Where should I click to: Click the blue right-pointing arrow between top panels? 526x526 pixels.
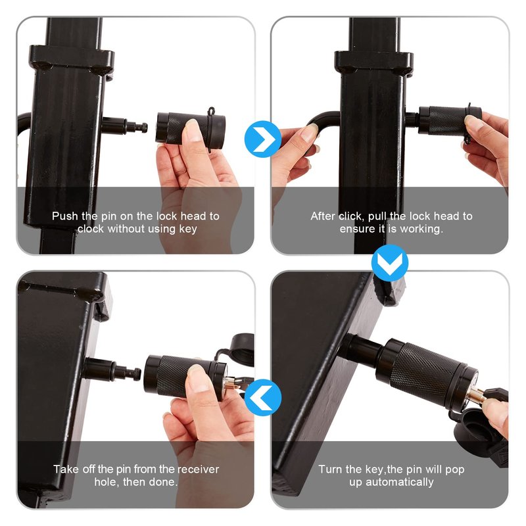point(262,139)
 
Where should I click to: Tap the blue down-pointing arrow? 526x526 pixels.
point(390,262)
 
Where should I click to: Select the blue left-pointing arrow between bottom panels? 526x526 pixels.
point(262,398)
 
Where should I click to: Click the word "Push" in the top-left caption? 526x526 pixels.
point(64,216)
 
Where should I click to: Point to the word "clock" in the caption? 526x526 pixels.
point(91,229)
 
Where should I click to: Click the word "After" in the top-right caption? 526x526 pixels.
point(323,216)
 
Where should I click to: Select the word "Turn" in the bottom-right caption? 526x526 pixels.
point(331,469)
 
